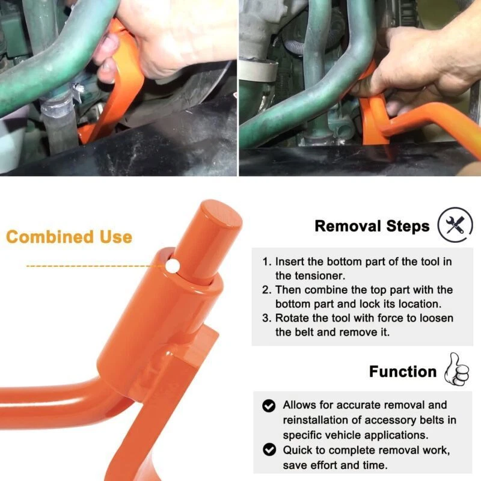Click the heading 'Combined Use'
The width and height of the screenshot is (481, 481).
[x=69, y=237]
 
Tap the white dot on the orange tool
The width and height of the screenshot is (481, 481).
[x=173, y=265]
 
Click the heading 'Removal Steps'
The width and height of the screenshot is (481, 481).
[x=372, y=226]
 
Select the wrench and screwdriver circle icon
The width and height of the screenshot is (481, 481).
[x=455, y=225]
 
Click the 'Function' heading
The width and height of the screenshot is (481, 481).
[x=403, y=372]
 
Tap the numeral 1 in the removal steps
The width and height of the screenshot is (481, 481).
[x=266, y=262]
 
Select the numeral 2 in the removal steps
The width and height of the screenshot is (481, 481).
[x=266, y=290]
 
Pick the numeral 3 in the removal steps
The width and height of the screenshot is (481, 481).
[x=266, y=318]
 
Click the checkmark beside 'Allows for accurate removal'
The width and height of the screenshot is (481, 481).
[x=269, y=405]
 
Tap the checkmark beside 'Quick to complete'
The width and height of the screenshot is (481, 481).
[x=269, y=450]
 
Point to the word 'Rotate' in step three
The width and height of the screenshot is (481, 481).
[x=290, y=318]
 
